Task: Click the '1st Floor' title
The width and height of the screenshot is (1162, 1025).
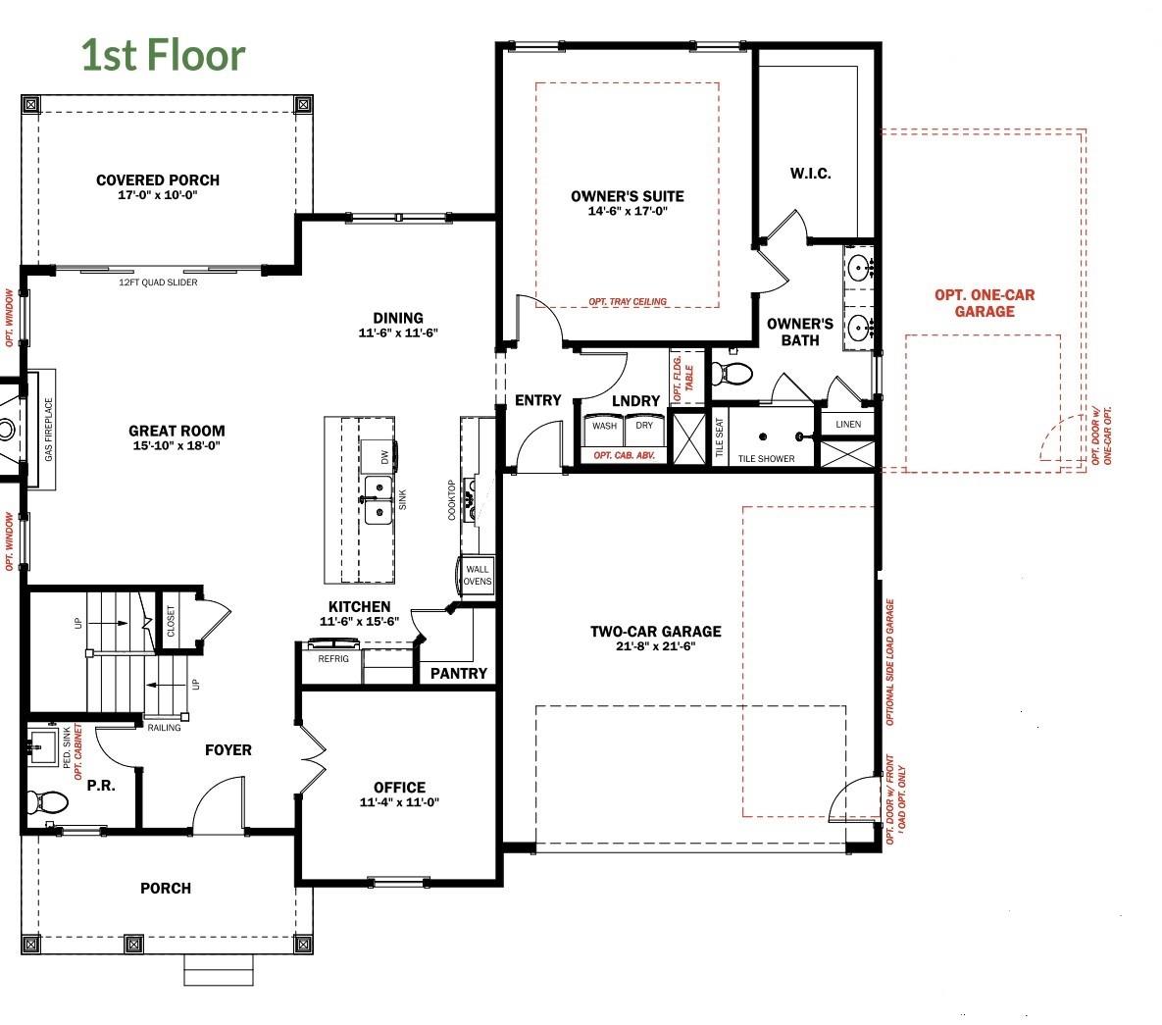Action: point(163,55)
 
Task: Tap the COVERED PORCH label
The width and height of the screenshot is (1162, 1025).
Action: point(158,180)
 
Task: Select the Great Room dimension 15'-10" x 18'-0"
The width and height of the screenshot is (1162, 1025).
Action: point(177,445)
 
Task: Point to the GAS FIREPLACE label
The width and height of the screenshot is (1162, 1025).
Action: point(49,430)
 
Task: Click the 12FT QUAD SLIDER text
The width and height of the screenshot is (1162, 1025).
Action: point(158,282)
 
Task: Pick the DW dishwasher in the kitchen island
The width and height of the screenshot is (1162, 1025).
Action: point(378,456)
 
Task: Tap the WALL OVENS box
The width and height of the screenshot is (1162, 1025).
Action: point(477,575)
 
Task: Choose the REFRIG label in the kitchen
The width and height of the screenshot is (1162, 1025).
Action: point(333,658)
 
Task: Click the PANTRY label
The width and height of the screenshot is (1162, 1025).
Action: point(459,673)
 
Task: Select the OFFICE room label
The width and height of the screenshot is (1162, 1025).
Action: point(399,787)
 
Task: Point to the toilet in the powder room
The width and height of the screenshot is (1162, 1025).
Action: point(47,801)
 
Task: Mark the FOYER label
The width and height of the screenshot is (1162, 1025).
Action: point(228,750)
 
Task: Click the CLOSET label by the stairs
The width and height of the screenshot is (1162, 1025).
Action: point(172,621)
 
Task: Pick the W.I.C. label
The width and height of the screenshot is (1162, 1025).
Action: point(810,174)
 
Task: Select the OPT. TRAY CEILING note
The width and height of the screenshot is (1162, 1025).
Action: point(628,302)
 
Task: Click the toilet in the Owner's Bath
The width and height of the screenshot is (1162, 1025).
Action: point(732,373)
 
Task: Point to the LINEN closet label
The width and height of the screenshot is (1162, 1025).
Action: point(848,425)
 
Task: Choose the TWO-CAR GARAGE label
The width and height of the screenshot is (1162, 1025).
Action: point(656,632)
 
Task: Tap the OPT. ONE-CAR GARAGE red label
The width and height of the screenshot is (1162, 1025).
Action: point(985,303)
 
